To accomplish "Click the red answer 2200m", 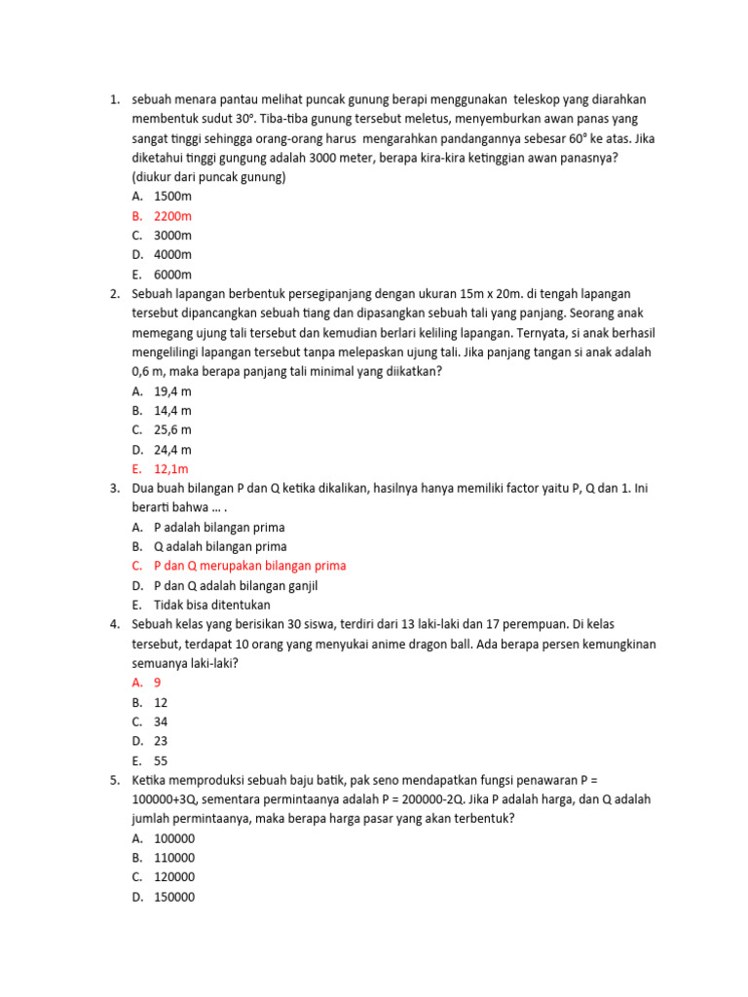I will (172, 215).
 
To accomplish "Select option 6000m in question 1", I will (172, 274).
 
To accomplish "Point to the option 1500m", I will (172, 196).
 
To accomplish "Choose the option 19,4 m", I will (172, 390).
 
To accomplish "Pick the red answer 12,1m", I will (172, 468).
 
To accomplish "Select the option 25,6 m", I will (172, 429).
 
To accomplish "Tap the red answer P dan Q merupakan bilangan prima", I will (249, 566).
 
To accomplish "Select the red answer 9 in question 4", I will (158, 683).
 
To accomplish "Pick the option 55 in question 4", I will (162, 760).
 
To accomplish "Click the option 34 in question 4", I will (162, 721).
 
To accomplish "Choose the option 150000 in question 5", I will (174, 897).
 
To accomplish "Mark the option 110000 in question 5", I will (174, 858).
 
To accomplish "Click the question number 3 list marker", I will (114, 488).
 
